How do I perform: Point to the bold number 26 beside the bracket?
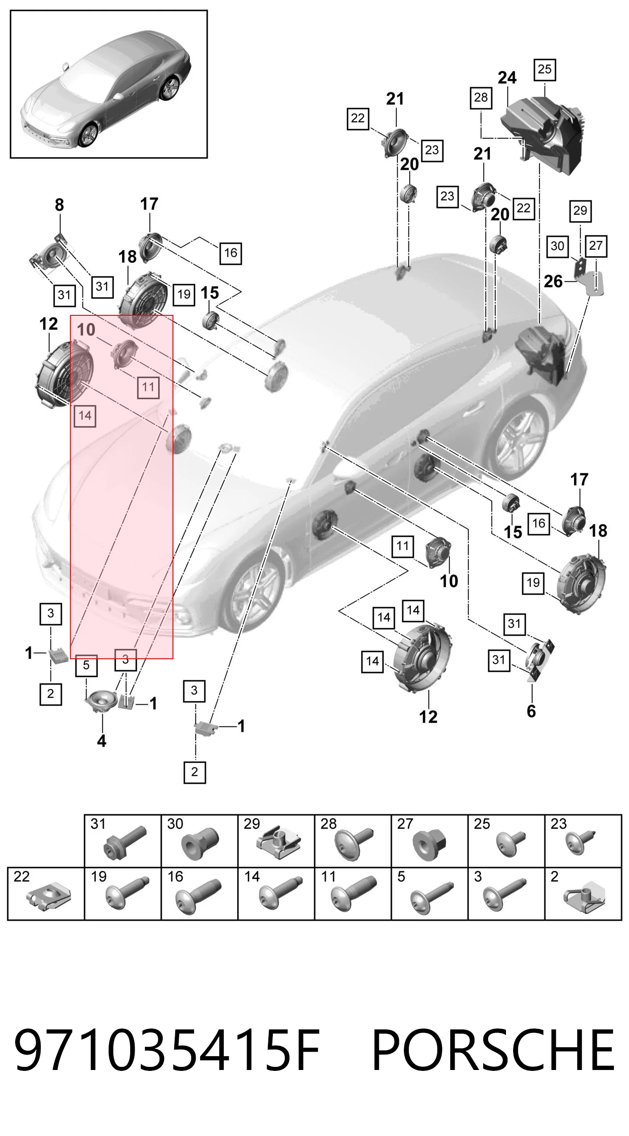553,281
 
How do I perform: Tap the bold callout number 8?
59,205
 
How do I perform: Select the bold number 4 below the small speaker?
102,741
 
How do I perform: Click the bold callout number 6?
531,711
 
